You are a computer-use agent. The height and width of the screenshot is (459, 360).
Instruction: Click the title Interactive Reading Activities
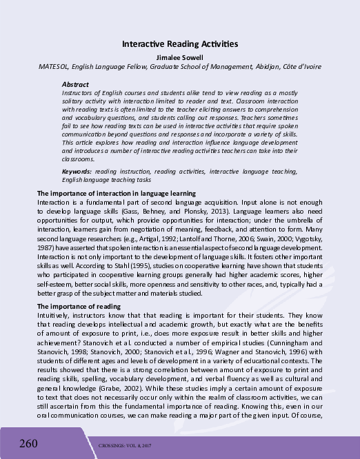click(179, 43)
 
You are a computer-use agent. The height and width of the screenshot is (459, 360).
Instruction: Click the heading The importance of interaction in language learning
click(117, 193)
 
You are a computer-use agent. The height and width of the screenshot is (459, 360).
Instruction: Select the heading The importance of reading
click(79, 306)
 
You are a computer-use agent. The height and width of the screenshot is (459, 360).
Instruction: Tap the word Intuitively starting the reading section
click(54, 314)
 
